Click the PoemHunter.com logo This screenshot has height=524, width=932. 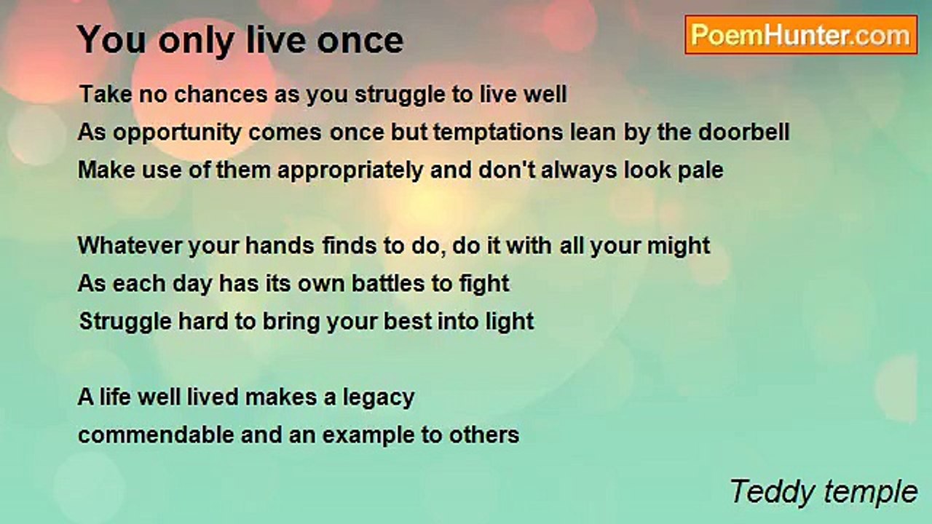(x=801, y=35)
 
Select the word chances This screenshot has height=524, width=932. (x=221, y=94)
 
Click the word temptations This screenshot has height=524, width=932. (x=498, y=132)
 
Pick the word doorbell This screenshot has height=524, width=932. (x=743, y=132)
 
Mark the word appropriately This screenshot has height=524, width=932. (x=350, y=171)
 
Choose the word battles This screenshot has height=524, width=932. (x=388, y=283)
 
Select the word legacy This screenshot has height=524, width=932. (x=378, y=398)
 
